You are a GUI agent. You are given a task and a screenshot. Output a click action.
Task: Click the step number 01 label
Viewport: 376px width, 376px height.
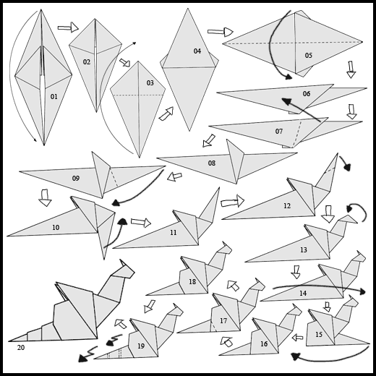pyautogui.click(x=54, y=97)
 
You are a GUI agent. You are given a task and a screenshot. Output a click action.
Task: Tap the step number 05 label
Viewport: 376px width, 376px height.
pyautogui.click(x=309, y=56)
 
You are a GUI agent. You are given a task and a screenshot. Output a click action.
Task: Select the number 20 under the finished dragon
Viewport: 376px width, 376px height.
pyautogui.click(x=21, y=348)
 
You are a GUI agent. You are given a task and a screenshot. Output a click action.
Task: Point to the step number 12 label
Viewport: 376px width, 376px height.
pyautogui.click(x=287, y=206)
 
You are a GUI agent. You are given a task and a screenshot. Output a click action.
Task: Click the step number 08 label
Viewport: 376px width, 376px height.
pyautogui.click(x=212, y=163)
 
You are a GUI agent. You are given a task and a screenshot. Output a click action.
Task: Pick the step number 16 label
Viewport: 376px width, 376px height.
pyautogui.click(x=264, y=343)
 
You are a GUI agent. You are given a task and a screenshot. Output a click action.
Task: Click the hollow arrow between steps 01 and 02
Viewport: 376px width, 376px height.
pyautogui.click(x=68, y=27)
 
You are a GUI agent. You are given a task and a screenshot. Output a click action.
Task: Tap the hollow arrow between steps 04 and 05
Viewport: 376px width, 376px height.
pyautogui.click(x=221, y=32)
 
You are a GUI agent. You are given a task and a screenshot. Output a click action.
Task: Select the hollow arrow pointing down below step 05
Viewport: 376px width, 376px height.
pyautogui.click(x=351, y=69)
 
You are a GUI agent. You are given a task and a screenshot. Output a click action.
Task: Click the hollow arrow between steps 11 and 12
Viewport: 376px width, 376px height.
pyautogui.click(x=232, y=201)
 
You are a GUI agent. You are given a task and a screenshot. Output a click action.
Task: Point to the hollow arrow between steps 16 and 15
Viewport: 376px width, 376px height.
pyautogui.click(x=297, y=338)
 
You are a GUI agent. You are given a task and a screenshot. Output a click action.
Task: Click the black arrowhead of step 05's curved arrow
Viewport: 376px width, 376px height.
pyautogui.click(x=288, y=77)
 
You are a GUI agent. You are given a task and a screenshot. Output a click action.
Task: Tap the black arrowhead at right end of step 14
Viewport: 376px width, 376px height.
pyautogui.click(x=362, y=291)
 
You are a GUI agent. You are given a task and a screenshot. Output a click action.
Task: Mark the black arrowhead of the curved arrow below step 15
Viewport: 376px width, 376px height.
pyautogui.click(x=295, y=356)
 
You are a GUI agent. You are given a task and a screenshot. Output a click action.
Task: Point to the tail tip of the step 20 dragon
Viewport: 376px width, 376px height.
pyautogui.click(x=9, y=341)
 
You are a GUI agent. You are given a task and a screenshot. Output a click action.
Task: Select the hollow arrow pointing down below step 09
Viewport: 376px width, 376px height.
pyautogui.click(x=45, y=197)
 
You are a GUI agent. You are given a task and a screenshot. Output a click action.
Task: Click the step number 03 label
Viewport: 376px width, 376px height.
pyautogui.click(x=150, y=83)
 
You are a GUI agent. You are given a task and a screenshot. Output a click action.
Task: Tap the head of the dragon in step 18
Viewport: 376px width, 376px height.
pyautogui.click(x=224, y=248)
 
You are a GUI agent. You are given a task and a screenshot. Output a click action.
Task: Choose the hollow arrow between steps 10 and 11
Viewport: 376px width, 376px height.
pyautogui.click(x=141, y=223)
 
